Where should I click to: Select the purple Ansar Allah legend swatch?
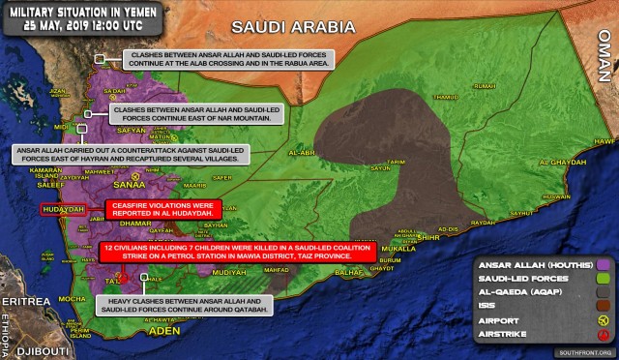pos(605,262)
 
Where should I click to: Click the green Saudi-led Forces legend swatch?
pos(605,280)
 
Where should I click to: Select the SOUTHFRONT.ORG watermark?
pos(579,353)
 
